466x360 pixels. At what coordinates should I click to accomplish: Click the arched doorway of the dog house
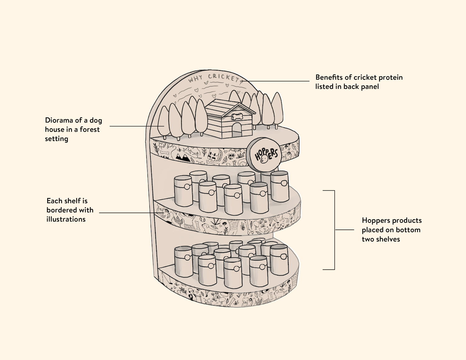pos(237,130)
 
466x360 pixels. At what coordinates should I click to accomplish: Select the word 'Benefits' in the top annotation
pos(329,77)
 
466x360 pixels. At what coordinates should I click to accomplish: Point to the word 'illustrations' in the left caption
pos(66,219)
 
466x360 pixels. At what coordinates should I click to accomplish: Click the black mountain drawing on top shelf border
pos(183,157)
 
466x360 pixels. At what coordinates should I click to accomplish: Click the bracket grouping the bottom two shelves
pos(334,230)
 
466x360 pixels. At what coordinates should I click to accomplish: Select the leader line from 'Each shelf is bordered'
pos(127,213)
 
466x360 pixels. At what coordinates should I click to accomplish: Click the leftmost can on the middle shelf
pos(183,191)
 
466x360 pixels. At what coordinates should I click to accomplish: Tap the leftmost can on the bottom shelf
pos(184,262)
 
